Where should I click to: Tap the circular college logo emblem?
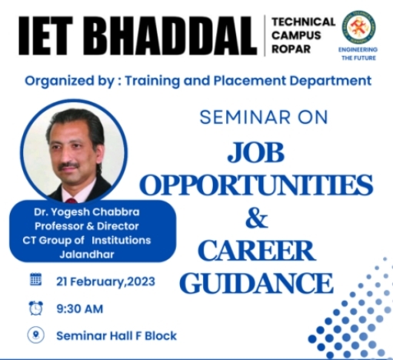359,27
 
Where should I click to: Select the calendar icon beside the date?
36,279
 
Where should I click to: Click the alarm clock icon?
36,308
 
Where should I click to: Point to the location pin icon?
36,335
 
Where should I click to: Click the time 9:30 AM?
80,308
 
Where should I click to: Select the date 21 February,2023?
105,282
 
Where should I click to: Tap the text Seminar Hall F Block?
116,336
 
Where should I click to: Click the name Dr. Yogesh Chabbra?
87,212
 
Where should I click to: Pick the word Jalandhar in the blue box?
87,255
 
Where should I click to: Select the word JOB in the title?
256,152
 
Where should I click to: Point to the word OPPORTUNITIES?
256,185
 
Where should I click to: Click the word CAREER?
257,251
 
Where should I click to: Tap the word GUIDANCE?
257,283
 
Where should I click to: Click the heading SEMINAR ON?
264,118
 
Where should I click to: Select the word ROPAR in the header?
291,48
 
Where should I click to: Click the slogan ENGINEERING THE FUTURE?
358,54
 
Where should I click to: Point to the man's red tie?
72,200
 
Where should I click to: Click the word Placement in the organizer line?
249,81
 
